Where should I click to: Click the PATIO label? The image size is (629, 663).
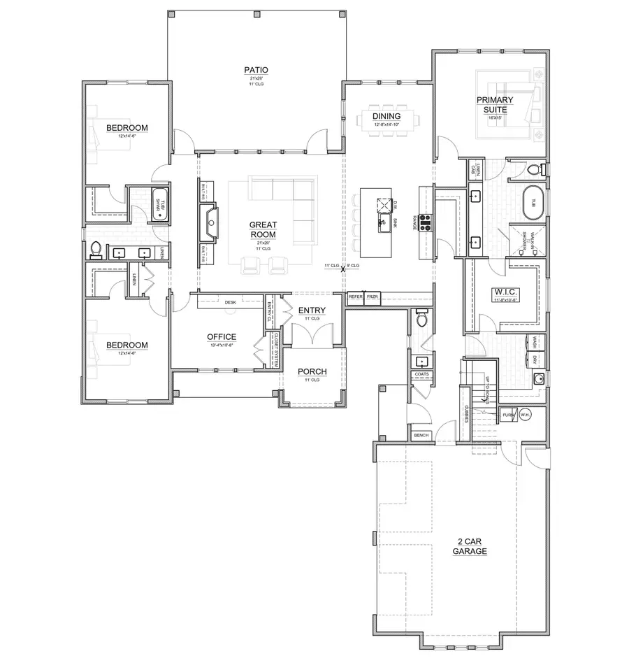pos(256,69)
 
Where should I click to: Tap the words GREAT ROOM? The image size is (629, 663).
pos(263,230)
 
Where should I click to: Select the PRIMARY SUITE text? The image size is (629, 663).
pos(495,105)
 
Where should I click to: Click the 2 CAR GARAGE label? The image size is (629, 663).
pos(469,546)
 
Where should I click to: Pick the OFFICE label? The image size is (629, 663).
pos(221,336)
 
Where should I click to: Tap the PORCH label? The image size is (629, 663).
pos(312,371)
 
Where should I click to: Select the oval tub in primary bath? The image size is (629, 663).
pos(532,203)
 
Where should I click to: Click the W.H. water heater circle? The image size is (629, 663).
pos(525,415)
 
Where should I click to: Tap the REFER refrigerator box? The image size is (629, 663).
pos(356,297)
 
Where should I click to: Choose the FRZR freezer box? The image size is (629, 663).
pos(372,297)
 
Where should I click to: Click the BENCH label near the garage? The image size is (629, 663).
pos(421,435)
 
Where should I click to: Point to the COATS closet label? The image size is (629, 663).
pos(421,374)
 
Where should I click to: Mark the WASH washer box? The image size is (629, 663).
pos(535,342)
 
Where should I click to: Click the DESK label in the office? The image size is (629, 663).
pos(230,302)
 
